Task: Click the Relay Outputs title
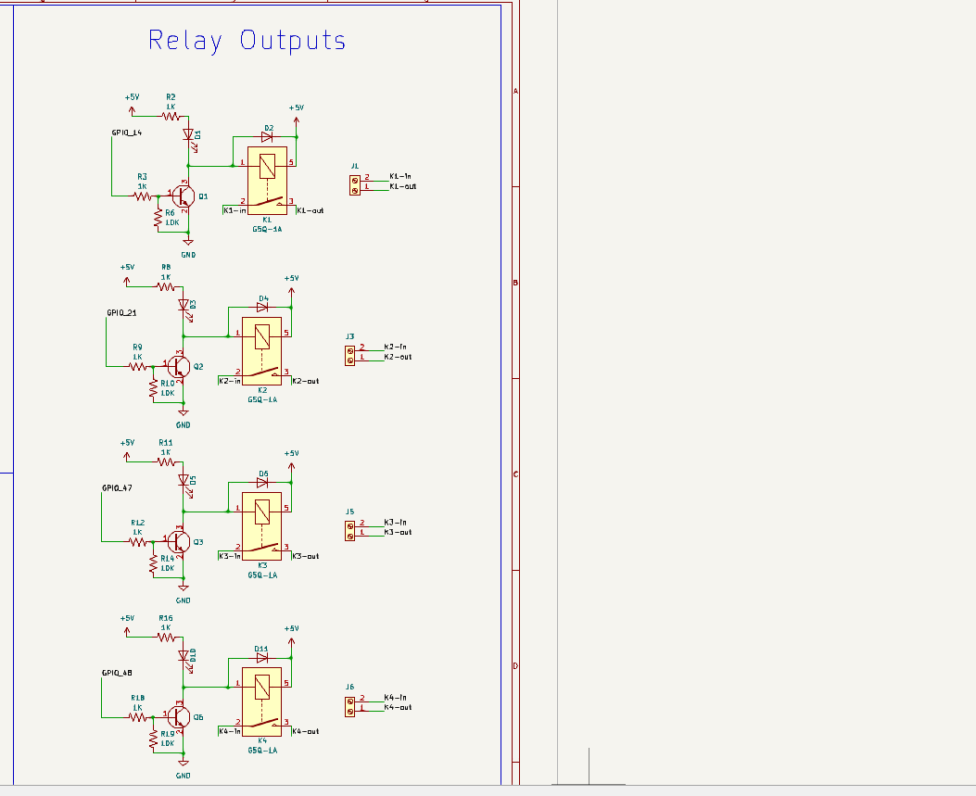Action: coord(247,41)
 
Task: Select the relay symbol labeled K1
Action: coord(266,181)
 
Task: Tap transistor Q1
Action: coord(183,196)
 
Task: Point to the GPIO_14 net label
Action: coord(127,133)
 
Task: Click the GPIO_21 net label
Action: coord(121,313)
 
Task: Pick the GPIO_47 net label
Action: coord(117,487)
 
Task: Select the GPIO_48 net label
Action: coord(117,673)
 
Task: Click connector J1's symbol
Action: coord(355,186)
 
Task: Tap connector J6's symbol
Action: coord(349,707)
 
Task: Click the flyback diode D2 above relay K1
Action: coord(267,137)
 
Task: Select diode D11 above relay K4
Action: coord(262,659)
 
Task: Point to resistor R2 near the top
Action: coord(171,116)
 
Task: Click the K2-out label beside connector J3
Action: coord(398,357)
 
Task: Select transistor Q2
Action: coord(179,367)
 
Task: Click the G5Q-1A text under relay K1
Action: coord(266,228)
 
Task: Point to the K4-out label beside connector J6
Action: coord(398,708)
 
